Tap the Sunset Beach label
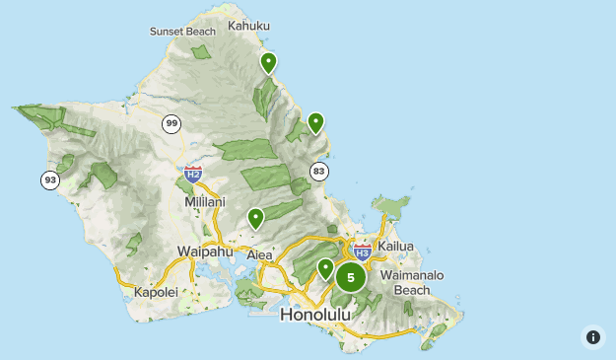click(182, 32)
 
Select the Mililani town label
click(205, 201)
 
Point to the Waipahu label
click(204, 251)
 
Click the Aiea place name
click(259, 254)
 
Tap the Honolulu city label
click(315, 315)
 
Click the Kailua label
click(394, 246)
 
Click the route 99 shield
click(172, 123)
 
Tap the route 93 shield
click(50, 180)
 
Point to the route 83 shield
click(318, 171)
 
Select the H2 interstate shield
click(193, 175)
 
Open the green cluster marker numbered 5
click(350, 277)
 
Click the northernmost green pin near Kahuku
click(268, 63)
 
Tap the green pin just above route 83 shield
click(315, 122)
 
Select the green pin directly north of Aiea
click(255, 218)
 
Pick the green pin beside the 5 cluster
click(325, 268)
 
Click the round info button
click(592, 336)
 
